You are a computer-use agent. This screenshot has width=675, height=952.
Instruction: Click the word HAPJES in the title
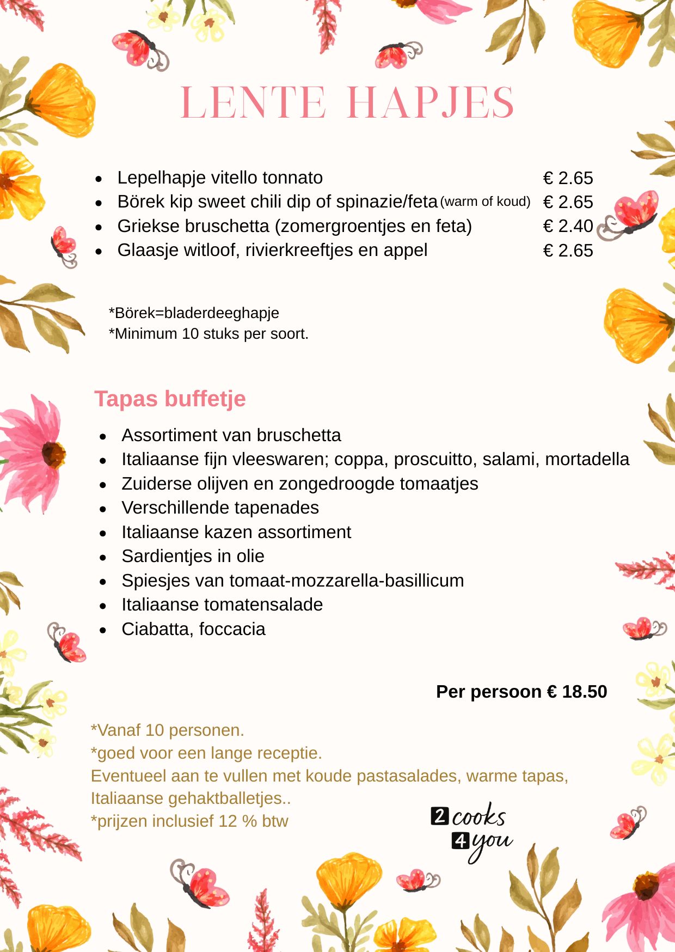click(x=430, y=102)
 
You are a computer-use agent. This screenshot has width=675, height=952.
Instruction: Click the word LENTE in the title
click(x=253, y=102)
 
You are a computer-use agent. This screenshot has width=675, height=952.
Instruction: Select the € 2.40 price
click(x=568, y=226)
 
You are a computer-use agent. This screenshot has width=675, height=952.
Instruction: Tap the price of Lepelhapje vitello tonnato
click(x=568, y=178)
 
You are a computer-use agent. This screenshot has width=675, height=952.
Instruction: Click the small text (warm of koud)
click(x=485, y=202)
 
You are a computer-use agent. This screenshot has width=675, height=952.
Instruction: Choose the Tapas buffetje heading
click(x=170, y=399)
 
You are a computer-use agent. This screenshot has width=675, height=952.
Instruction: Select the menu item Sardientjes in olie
click(x=193, y=556)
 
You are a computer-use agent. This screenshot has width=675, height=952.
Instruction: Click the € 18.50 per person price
click(x=576, y=692)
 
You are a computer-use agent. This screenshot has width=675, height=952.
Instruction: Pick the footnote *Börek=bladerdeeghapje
click(x=194, y=313)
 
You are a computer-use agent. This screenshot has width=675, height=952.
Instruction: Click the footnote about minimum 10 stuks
click(x=208, y=333)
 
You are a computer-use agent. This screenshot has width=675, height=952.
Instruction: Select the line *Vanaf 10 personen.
click(x=168, y=730)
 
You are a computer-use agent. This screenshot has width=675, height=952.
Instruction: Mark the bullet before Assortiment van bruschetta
click(x=103, y=436)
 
